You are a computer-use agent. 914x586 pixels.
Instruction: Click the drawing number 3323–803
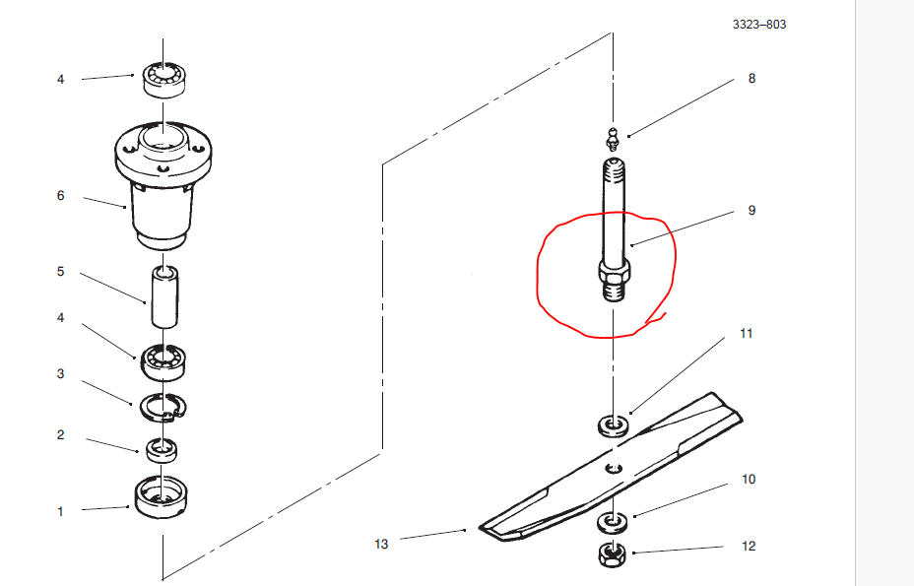(758, 25)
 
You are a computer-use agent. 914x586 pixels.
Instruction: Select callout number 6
(60, 196)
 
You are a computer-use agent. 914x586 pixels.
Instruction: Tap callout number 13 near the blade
(382, 544)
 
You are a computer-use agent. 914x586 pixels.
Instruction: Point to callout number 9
(751, 211)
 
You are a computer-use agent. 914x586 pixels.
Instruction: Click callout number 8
(751, 79)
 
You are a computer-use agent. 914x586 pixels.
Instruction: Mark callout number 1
(60, 511)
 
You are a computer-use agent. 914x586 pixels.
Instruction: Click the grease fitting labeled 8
(612, 137)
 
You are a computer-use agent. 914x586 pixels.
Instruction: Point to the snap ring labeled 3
(163, 405)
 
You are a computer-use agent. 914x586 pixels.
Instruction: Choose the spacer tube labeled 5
(163, 295)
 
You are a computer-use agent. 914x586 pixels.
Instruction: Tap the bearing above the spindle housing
(162, 78)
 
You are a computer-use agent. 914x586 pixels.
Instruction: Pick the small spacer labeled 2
(162, 451)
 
